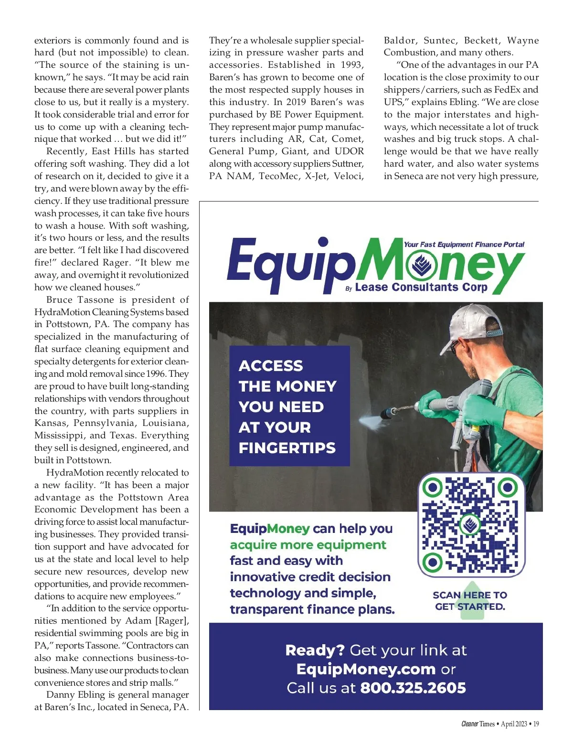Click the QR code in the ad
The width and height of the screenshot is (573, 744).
(471, 525)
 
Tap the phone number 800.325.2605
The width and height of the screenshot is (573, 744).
(413, 688)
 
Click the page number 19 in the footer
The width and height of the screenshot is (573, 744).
(536, 724)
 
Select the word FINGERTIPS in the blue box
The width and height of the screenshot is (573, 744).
(287, 448)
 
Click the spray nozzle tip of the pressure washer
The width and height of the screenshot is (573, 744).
(383, 414)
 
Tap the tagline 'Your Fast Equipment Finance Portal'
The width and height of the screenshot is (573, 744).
(464, 244)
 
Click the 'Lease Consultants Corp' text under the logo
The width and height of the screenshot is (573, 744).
(421, 287)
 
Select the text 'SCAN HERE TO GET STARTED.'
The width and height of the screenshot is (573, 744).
(469, 601)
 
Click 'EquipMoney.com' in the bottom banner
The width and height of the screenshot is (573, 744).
(366, 669)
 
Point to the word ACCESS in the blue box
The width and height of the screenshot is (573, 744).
(271, 366)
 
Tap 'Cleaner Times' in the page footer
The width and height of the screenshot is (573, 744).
(477, 724)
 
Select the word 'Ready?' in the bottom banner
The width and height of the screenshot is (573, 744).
(315, 650)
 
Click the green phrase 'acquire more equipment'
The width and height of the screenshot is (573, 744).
(308, 545)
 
